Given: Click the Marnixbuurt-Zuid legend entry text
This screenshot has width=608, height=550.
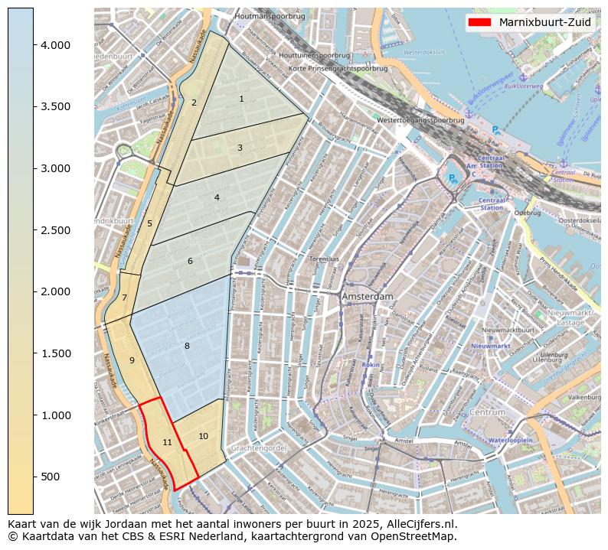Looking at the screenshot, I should pyautogui.click(x=544, y=22).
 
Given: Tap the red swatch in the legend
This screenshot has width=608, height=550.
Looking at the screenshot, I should pyautogui.click(x=479, y=22).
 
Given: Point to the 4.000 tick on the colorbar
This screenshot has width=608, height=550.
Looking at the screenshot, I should pyautogui.click(x=55, y=45).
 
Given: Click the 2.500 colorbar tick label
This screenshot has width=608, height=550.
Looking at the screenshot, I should pyautogui.click(x=55, y=230).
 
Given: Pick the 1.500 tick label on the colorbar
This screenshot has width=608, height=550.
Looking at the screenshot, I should pyautogui.click(x=55, y=353).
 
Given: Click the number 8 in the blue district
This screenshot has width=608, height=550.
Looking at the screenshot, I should pyautogui.click(x=186, y=347).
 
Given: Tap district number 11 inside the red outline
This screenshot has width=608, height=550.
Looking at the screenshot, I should pyautogui.click(x=167, y=442).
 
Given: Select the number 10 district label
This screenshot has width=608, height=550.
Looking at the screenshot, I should pyautogui.click(x=203, y=436).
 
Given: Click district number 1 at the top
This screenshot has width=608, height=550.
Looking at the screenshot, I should pyautogui.click(x=241, y=99).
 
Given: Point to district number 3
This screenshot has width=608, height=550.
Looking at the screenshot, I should pyautogui.click(x=240, y=148).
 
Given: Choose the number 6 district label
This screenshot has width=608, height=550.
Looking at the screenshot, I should pyautogui.click(x=190, y=262).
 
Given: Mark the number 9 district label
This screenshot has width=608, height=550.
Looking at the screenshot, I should pyautogui.click(x=132, y=360).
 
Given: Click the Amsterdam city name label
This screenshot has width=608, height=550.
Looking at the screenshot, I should pyautogui.click(x=368, y=296).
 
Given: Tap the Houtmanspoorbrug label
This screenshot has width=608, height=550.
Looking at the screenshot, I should pyautogui.click(x=270, y=15).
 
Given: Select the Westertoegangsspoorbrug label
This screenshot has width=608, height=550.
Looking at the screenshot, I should pyautogui.click(x=420, y=120).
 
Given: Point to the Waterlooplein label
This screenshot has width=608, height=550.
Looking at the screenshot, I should pyautogui.click(x=510, y=441).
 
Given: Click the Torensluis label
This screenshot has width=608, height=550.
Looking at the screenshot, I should pyautogui.click(x=324, y=259).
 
